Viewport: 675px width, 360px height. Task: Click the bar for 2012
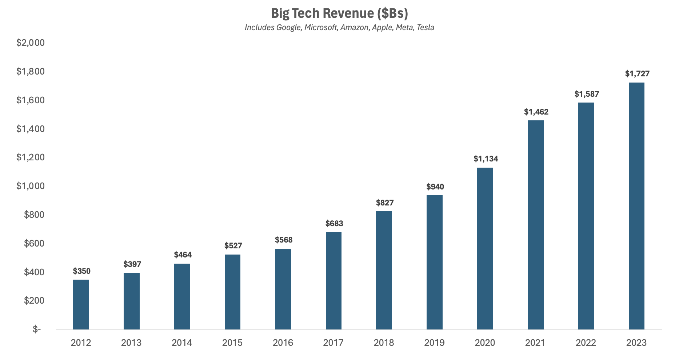[81, 304]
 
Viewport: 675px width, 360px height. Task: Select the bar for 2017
[333, 281]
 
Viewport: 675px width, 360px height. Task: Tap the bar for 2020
[485, 249]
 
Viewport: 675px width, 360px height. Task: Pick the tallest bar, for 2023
[636, 206]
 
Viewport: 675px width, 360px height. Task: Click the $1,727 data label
[637, 74]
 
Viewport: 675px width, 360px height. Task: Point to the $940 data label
[435, 187]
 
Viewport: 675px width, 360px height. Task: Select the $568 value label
[284, 240]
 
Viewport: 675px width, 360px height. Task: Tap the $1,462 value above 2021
[536, 112]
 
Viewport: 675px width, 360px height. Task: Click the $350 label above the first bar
[81, 271]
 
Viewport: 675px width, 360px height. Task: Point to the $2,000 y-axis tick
[31, 43]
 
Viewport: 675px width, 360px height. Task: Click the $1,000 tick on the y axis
[31, 186]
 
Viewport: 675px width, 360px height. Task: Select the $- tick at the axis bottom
[37, 329]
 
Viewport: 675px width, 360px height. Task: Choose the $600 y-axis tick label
[34, 243]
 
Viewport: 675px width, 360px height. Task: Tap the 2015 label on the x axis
[232, 343]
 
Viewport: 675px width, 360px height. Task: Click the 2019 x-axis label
[434, 343]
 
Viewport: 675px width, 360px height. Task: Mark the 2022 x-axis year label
[586, 343]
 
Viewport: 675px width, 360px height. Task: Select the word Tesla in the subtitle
[426, 28]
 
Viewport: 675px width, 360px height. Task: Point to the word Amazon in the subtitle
[355, 28]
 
